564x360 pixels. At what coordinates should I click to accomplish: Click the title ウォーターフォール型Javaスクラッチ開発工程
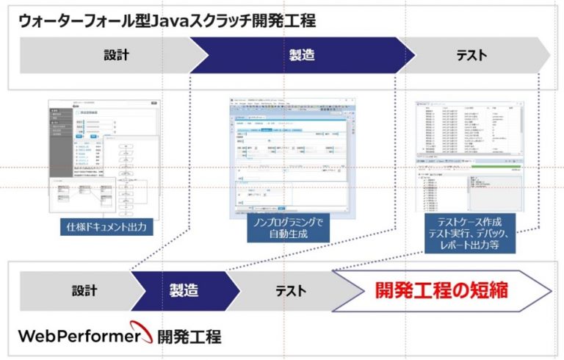pos(167,21)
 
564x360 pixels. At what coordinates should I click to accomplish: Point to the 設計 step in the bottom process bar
pos(84,290)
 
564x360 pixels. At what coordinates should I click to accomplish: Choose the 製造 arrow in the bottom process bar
pos(184,290)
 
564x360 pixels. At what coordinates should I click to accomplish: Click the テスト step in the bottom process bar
pos(291,290)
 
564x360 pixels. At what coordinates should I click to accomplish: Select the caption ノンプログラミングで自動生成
pos(287,227)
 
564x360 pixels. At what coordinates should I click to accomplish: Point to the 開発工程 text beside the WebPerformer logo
pos(188,337)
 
